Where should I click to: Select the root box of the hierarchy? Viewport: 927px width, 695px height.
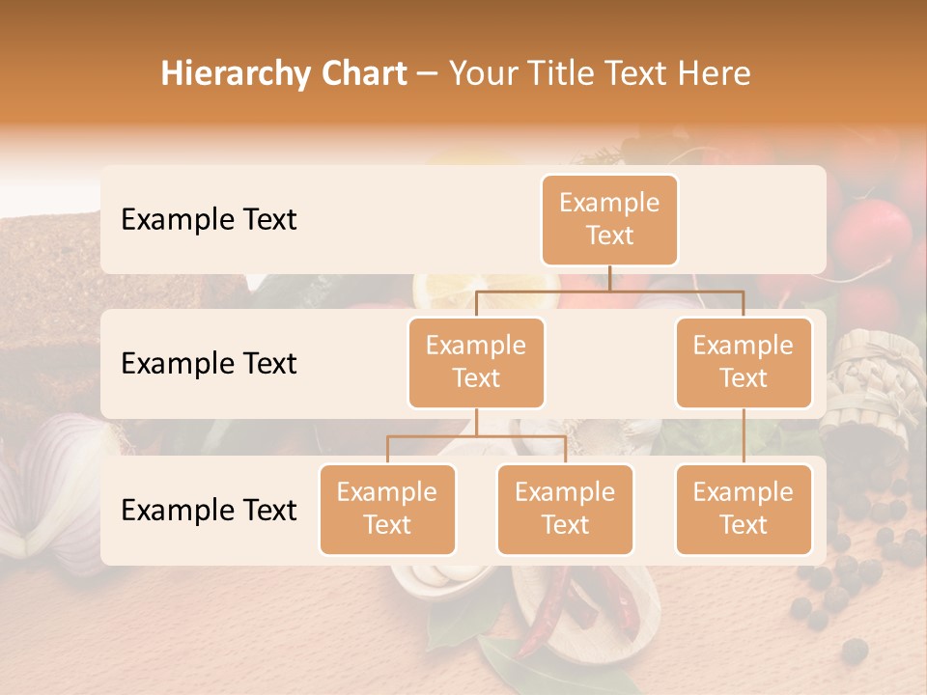click(x=609, y=220)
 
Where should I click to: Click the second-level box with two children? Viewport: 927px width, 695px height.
click(x=476, y=362)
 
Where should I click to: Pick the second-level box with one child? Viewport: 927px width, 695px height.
click(x=744, y=362)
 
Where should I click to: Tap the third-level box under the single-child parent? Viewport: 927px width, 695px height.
click(x=744, y=509)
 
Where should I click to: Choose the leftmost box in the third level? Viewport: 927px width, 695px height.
click(x=387, y=509)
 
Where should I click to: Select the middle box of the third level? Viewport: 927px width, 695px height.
click(x=565, y=509)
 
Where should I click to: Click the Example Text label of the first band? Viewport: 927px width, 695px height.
click(x=209, y=220)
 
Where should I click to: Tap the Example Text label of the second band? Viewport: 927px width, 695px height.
click(x=209, y=364)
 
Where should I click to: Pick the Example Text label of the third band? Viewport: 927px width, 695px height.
click(x=209, y=510)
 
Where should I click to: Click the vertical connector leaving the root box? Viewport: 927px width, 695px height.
click(x=609, y=278)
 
